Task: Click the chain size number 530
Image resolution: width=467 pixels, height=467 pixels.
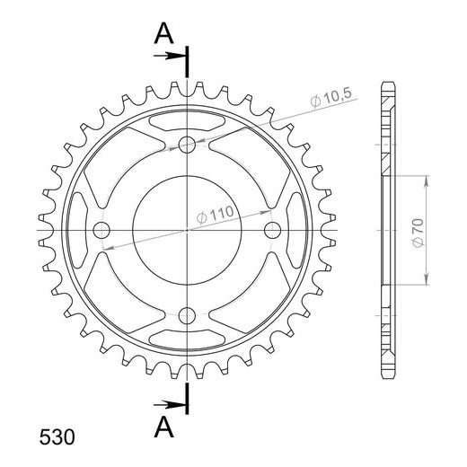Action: (57, 437)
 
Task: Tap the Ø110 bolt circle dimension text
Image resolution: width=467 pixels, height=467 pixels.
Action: (215, 215)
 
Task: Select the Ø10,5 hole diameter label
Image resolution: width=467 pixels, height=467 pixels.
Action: (330, 98)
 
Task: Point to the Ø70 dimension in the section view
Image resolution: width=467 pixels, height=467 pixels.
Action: (419, 233)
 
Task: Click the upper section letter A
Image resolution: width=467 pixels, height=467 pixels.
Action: (163, 33)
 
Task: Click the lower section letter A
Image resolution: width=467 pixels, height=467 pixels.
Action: (163, 427)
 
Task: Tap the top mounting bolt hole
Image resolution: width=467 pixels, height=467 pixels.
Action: (187, 145)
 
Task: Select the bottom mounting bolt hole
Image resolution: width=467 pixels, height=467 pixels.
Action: (187, 315)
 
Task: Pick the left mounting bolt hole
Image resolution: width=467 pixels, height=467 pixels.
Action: (101, 230)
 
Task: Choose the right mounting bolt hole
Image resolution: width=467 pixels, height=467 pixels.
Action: (272, 230)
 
